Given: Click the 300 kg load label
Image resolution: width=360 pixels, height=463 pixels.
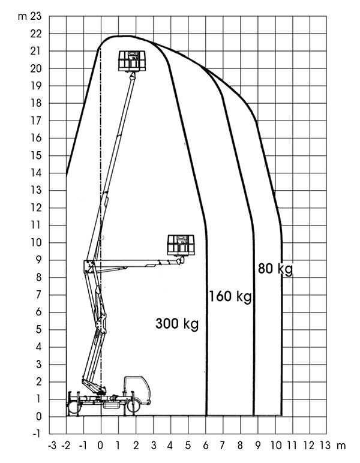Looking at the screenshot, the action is tap(177, 324).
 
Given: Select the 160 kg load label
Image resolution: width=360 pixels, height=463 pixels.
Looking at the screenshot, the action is tap(230, 296).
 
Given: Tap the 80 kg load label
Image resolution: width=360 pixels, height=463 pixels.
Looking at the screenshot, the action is tap(275, 269).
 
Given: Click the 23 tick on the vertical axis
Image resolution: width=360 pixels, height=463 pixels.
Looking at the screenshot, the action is tap(36, 17).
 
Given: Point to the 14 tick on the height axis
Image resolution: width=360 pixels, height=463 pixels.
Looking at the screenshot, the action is tap(36, 173).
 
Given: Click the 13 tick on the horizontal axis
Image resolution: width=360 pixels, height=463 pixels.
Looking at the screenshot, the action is tap(325, 446).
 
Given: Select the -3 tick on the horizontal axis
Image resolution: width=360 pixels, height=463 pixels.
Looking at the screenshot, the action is tap(52, 446).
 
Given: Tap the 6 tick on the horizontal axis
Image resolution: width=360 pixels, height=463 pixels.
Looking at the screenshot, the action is tap(206, 446).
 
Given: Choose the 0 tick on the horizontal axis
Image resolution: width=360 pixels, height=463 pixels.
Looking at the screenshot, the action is tap(101, 446).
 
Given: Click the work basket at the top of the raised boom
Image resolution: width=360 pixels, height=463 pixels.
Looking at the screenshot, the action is tap(132, 61).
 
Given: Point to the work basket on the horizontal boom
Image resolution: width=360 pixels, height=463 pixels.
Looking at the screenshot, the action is tap(181, 245).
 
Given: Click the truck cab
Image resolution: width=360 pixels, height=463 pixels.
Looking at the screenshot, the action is tap(137, 389).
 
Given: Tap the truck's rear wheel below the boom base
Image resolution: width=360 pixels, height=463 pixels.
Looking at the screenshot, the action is tap(73, 407).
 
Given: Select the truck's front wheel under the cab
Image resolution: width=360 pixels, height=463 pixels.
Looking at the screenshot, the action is tap(134, 406).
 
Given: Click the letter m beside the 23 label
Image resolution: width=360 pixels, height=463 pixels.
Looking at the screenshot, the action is tap(22, 17).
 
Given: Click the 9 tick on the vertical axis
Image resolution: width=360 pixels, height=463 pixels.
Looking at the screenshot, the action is tap(38, 260).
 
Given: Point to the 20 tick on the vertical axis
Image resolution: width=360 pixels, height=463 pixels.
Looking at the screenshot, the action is tap(36, 68).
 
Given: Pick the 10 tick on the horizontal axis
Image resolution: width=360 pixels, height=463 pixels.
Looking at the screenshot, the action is tap(277, 446).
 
